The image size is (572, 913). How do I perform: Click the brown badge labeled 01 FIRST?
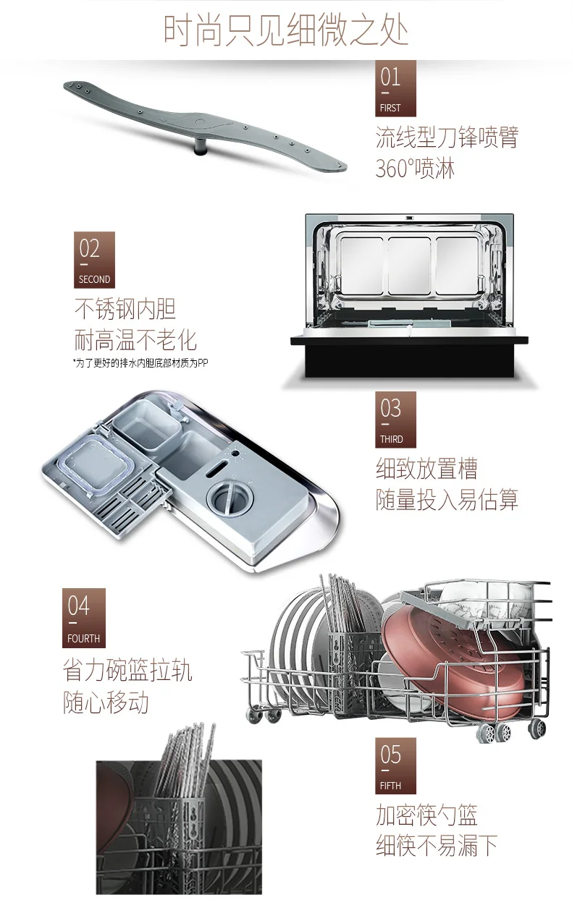(x=395, y=88)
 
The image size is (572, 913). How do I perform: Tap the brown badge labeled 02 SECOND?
(x=94, y=260)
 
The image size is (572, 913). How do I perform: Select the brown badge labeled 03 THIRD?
(x=395, y=420)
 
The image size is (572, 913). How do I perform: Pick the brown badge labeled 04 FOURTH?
(x=84, y=618)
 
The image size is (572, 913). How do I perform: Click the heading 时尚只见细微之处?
(x=286, y=30)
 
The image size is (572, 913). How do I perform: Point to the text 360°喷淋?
(x=414, y=168)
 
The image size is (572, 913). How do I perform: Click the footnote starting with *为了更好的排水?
(x=140, y=362)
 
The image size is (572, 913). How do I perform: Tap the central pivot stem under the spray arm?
(x=200, y=147)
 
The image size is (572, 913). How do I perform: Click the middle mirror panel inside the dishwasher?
(x=409, y=266)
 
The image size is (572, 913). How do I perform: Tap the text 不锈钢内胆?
(x=125, y=309)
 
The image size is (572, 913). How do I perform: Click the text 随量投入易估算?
(x=447, y=500)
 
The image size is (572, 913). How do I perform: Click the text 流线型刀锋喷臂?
(x=447, y=137)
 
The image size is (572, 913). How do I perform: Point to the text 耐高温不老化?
(x=135, y=340)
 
